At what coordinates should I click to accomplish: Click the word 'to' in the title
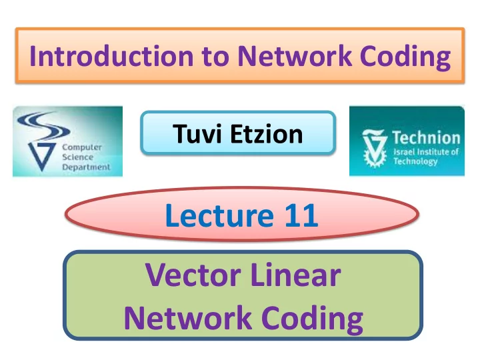[215, 57]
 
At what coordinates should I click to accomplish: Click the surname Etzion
[267, 134]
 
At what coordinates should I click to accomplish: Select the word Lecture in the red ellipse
[219, 215]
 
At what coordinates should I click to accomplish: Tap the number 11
[301, 215]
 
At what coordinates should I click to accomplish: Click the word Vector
[193, 275]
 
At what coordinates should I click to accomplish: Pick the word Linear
[295, 275]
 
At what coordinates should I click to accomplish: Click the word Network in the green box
[188, 318]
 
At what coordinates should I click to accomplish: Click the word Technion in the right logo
[427, 137]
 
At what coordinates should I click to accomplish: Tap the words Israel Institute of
[426, 152]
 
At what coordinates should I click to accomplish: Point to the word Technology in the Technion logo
[415, 161]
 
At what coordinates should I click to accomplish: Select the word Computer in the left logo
[82, 147]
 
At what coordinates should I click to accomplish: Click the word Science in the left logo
[78, 157]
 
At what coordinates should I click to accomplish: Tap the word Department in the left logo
[86, 167]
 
